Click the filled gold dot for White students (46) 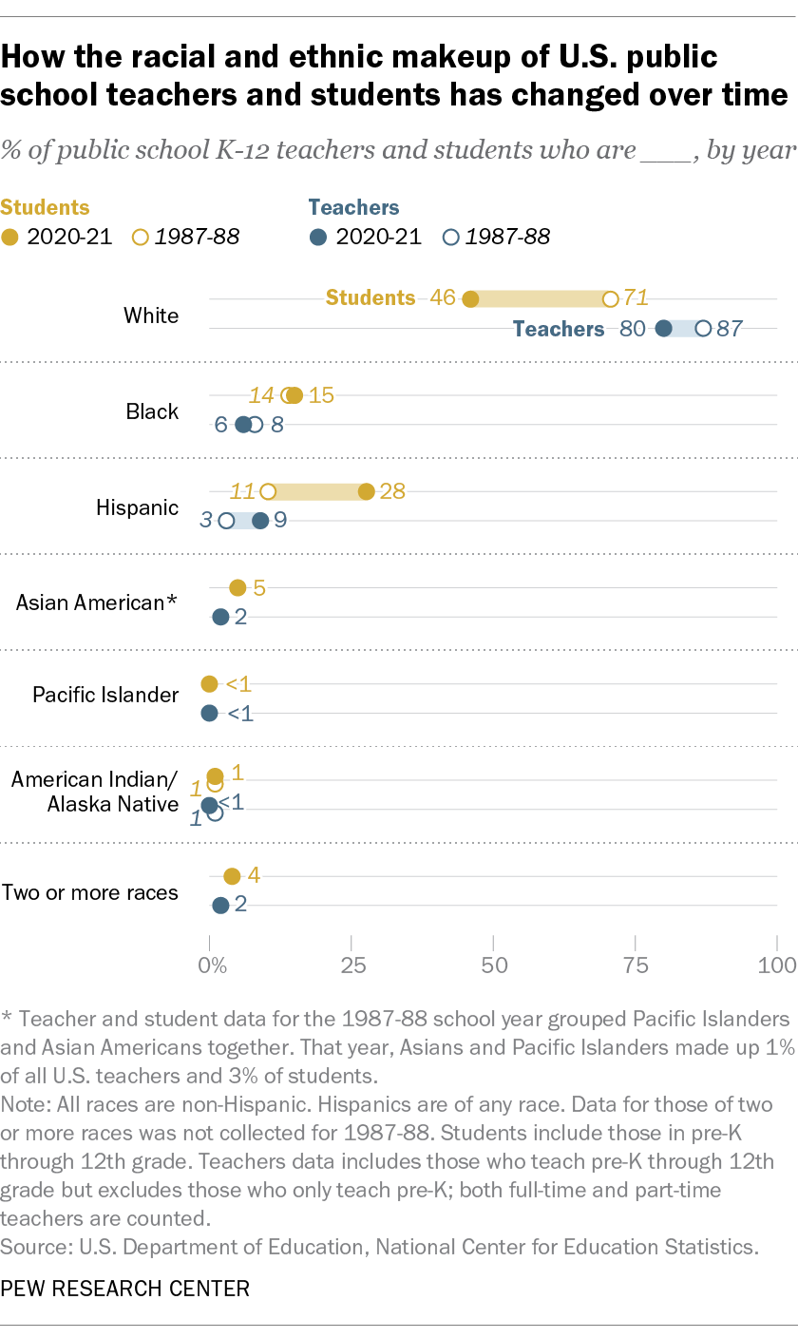tap(470, 299)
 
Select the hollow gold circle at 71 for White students tap(611, 299)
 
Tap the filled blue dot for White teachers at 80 tap(664, 329)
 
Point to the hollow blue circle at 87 tap(703, 329)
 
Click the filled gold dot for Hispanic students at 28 tap(367, 491)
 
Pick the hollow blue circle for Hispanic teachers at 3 tap(226, 521)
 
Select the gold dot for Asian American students tap(237, 588)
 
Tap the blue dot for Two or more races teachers tap(220, 905)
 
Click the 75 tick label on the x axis tap(636, 965)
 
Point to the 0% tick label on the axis tap(212, 965)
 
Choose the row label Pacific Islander tap(105, 695)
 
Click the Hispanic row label tap(138, 507)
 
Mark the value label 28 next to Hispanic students tap(392, 491)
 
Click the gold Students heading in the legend tap(46, 207)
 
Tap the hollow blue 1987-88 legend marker tap(452, 237)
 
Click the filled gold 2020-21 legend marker tap(9, 237)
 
